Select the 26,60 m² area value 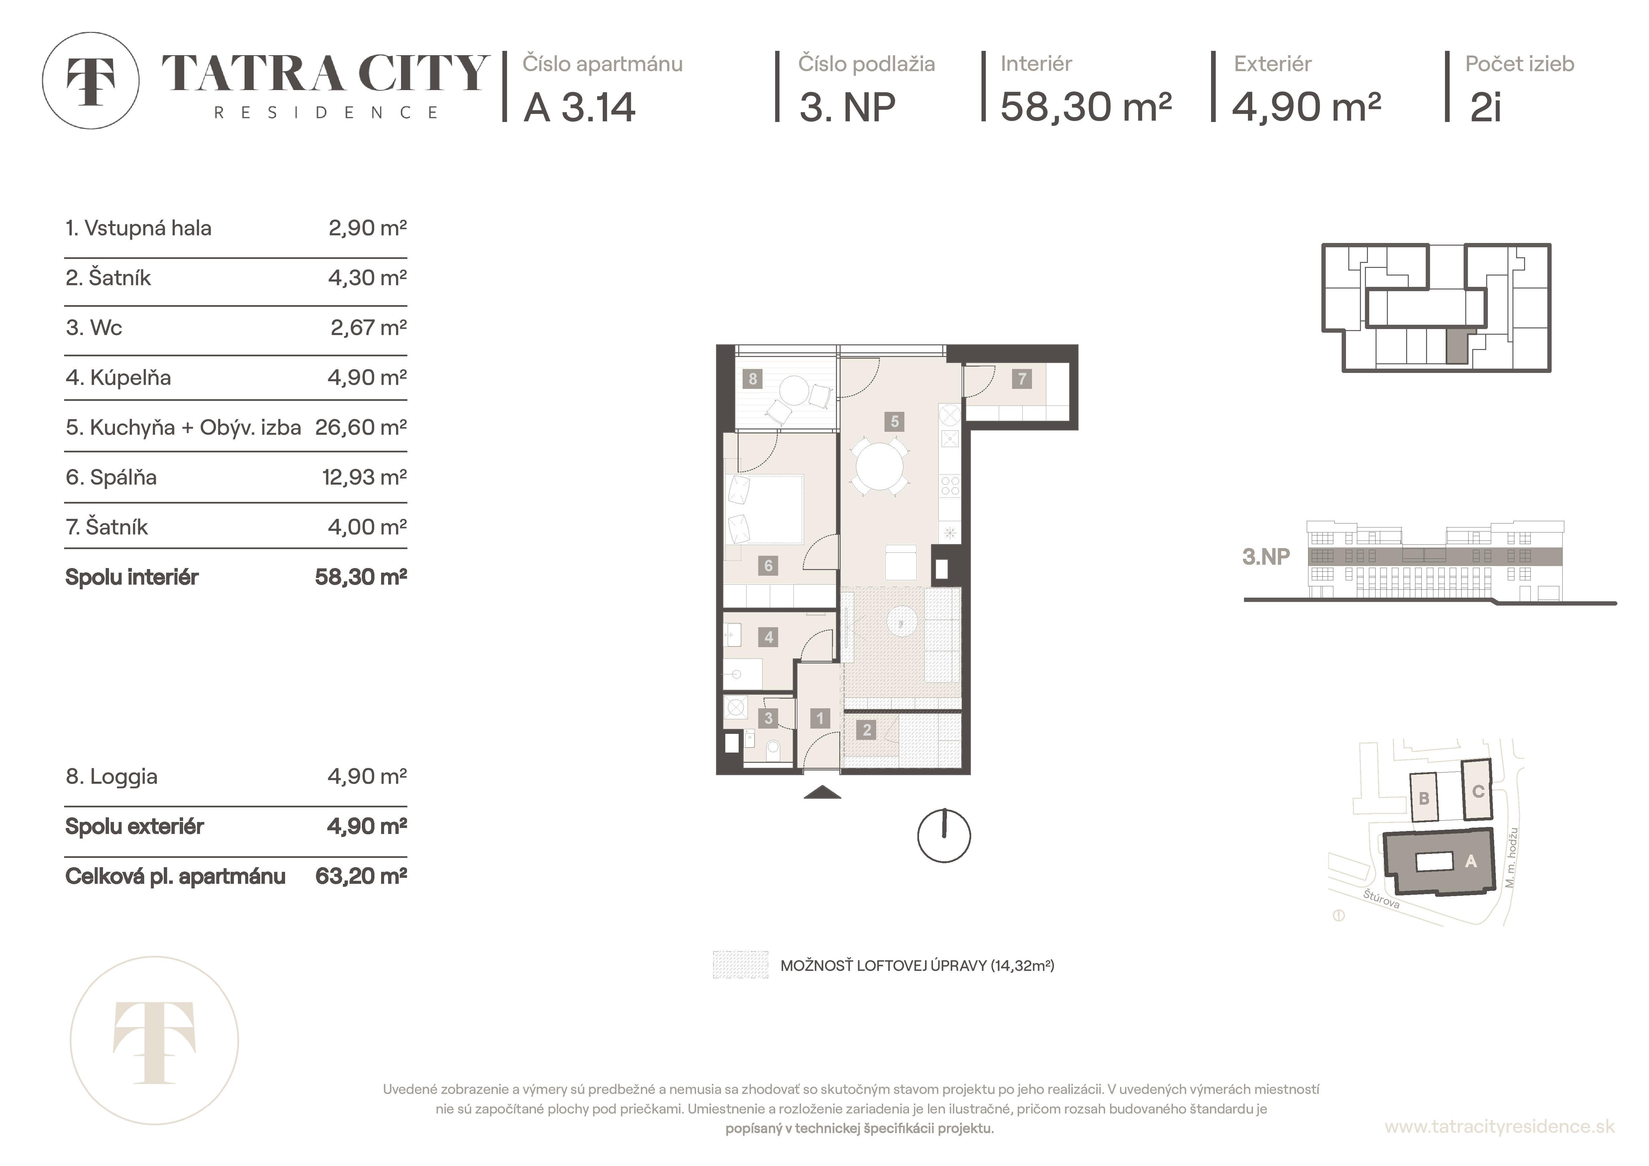(x=361, y=427)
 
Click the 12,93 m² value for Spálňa (x=364, y=477)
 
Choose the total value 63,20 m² (x=361, y=876)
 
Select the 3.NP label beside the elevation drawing (x=1266, y=557)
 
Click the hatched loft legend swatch (x=741, y=965)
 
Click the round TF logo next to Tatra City (x=90, y=80)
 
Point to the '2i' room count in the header (x=1485, y=108)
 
